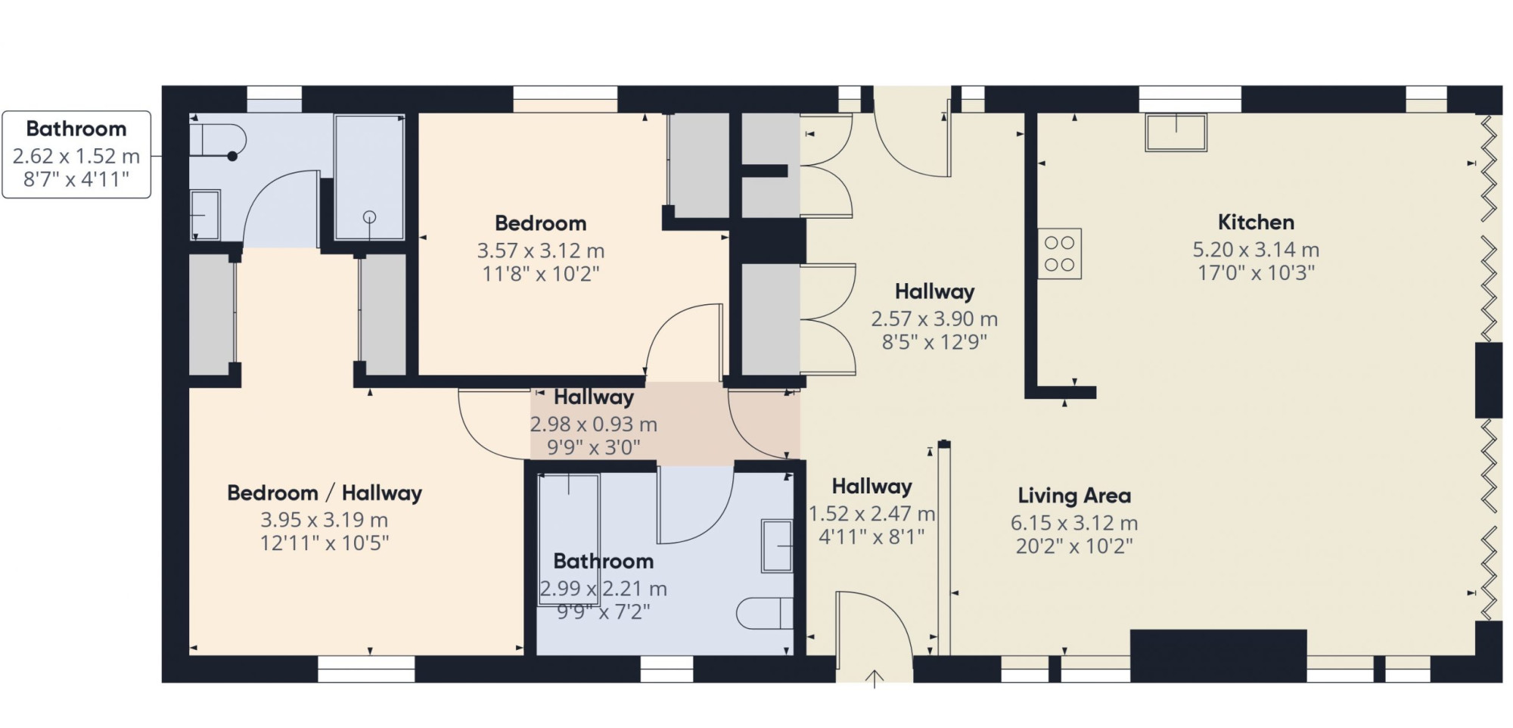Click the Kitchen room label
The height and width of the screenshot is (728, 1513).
[x=1256, y=222]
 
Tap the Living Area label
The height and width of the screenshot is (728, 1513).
[x=1074, y=496]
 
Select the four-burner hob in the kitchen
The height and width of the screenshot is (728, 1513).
[x=1059, y=254]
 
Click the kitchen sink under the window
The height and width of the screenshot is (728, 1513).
[x=1176, y=132]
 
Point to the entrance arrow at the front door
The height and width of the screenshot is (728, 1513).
[x=875, y=679]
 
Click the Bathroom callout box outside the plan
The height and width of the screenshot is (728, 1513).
[x=76, y=154]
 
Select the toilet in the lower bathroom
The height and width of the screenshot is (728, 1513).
[x=765, y=613]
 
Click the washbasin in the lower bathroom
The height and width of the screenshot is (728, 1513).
[x=777, y=546]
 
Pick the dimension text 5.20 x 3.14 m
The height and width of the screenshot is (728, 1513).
[x=1256, y=250]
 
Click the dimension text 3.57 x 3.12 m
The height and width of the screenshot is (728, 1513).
[x=540, y=250]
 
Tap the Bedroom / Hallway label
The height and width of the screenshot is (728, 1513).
[x=325, y=493]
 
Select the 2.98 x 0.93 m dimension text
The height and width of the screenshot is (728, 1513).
[x=593, y=425]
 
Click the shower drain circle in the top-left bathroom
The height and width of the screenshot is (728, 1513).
[x=369, y=217]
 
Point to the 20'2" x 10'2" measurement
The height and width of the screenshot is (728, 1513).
[x=1074, y=546]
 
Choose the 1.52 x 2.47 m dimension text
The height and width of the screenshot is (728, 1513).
[x=871, y=514]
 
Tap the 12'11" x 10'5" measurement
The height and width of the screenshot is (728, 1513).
[x=325, y=543]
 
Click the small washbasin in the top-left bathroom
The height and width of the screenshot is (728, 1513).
[x=204, y=215]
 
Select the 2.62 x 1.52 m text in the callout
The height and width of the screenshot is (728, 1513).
[x=76, y=157]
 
